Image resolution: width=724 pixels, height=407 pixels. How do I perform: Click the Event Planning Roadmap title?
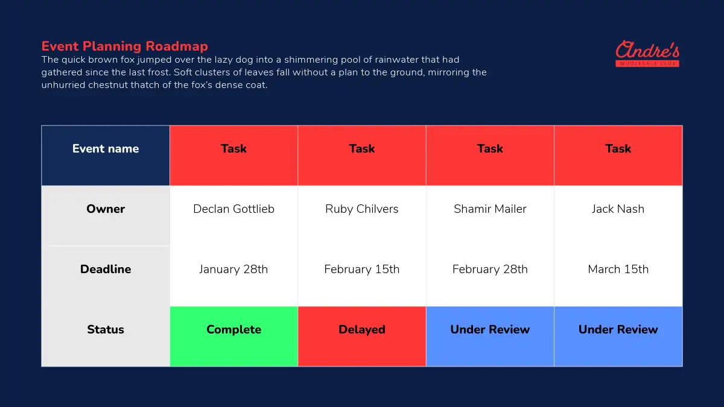(x=124, y=46)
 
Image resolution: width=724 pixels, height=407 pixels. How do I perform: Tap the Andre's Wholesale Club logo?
(x=647, y=54)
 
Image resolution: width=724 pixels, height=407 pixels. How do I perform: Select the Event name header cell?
(x=106, y=156)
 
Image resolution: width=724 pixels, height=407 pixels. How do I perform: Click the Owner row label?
(x=106, y=209)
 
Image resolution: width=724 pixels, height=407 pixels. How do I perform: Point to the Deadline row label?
(x=106, y=269)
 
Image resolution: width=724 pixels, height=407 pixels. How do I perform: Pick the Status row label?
(x=106, y=329)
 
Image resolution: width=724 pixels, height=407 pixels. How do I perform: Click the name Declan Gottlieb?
(x=233, y=209)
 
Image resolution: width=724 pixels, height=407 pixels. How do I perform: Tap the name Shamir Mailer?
(x=490, y=209)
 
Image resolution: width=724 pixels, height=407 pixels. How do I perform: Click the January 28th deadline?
(x=233, y=269)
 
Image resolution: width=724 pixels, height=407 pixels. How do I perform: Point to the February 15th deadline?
(x=362, y=269)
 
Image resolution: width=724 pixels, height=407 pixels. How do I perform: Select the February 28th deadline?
(x=490, y=269)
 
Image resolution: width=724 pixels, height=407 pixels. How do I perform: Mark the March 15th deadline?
(x=618, y=269)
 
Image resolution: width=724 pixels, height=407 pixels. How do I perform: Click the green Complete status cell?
(x=233, y=336)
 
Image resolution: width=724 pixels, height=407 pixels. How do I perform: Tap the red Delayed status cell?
(x=362, y=336)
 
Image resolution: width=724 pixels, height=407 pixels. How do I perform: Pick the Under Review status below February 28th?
(x=490, y=336)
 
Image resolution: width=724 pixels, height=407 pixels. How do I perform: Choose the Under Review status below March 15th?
(x=618, y=336)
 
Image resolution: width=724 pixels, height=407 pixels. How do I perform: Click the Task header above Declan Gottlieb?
(x=233, y=156)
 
